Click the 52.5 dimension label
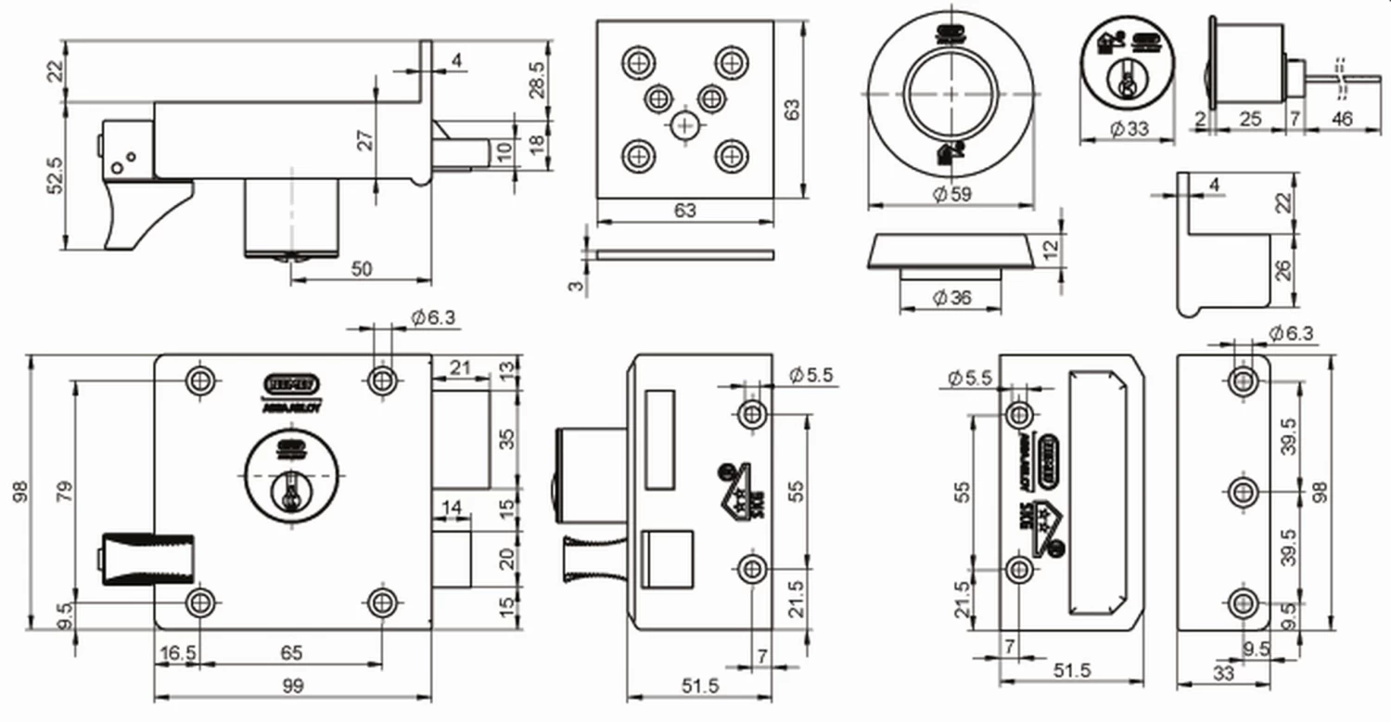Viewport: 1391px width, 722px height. tap(54, 174)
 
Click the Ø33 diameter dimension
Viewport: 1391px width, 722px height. tap(1128, 130)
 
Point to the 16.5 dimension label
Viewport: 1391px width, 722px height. tap(177, 653)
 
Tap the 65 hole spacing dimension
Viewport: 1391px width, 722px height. tap(291, 653)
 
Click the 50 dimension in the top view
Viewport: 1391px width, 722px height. tap(362, 268)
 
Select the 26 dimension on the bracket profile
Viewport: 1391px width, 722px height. tap(1283, 271)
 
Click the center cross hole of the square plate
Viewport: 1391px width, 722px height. tap(685, 125)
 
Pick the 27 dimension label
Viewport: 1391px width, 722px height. tap(365, 139)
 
